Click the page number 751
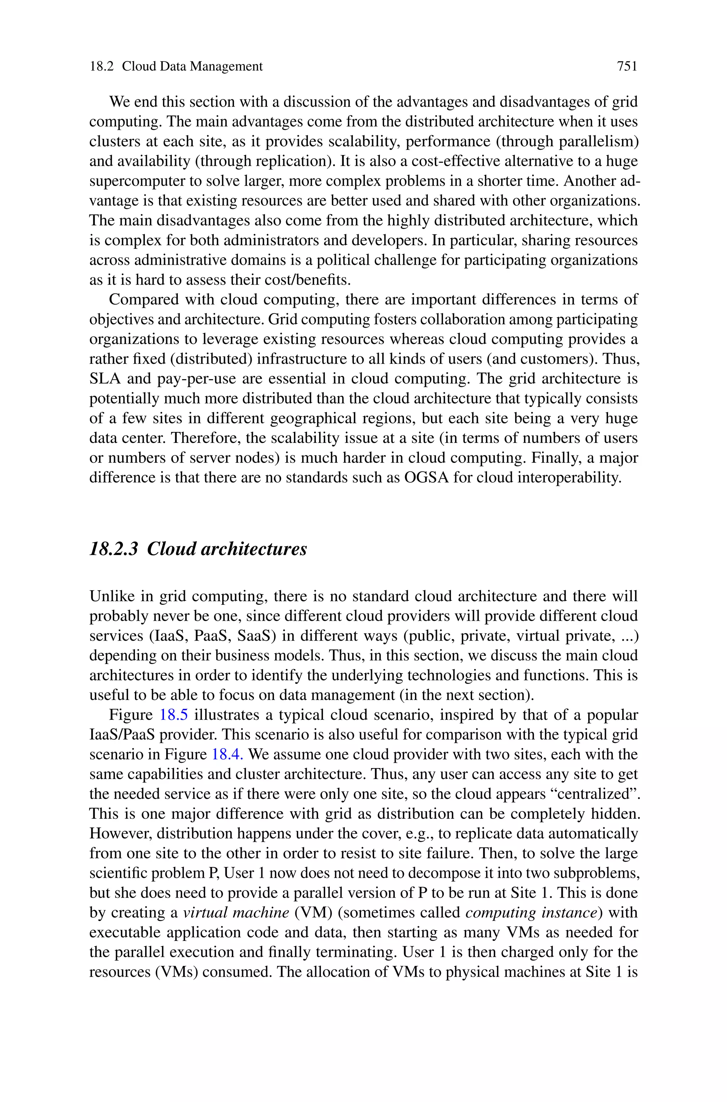627,67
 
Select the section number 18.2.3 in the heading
114,549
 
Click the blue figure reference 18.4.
227,755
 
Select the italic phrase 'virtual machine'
236,912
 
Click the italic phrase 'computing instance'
531,912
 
